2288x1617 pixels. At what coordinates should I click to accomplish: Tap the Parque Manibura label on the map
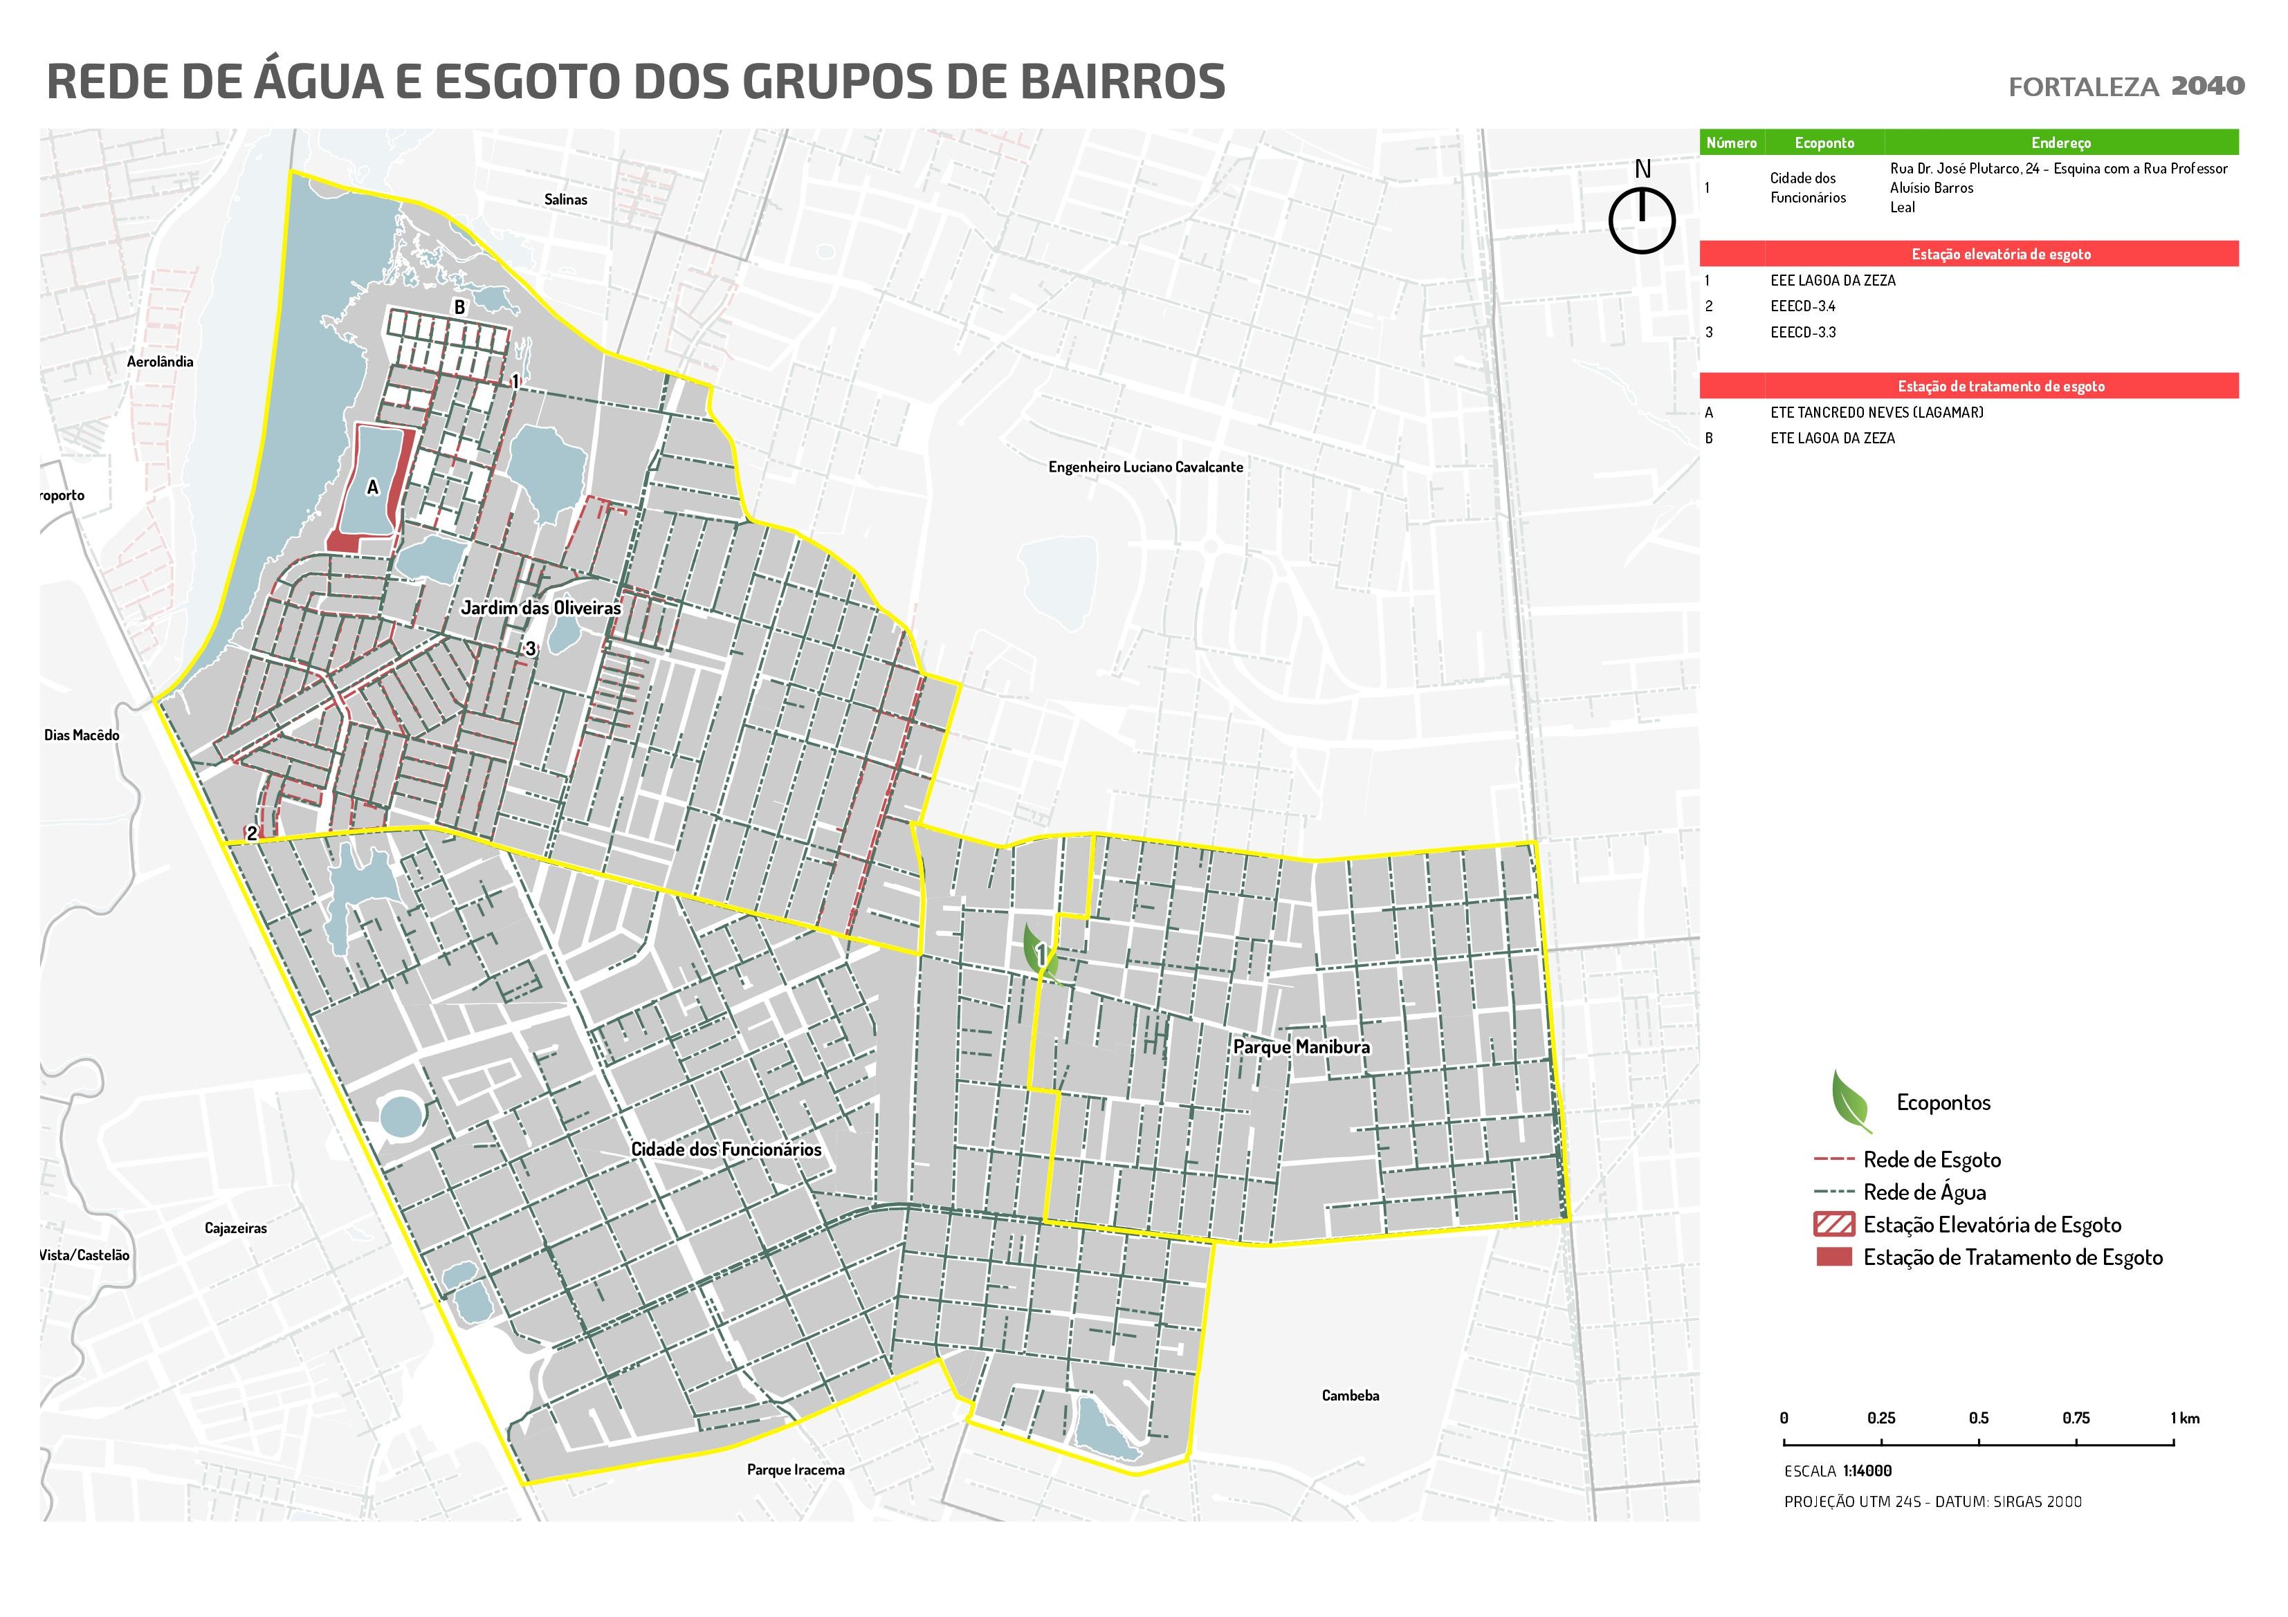point(1301,1047)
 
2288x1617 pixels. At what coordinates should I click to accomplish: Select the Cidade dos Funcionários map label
point(726,1149)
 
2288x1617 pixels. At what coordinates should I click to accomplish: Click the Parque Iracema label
point(794,1470)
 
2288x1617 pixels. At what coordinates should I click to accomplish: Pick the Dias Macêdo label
point(82,735)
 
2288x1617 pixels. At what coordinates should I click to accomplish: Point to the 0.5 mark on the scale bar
point(1978,1419)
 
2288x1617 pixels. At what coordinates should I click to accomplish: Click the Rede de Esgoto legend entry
point(1931,1160)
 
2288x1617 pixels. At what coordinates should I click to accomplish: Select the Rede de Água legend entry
point(1923,1192)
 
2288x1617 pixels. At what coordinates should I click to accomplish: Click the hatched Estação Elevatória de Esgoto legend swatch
point(1835,1224)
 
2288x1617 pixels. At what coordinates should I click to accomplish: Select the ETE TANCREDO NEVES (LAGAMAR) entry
point(1876,412)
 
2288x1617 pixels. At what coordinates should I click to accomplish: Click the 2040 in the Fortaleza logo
point(2207,86)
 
